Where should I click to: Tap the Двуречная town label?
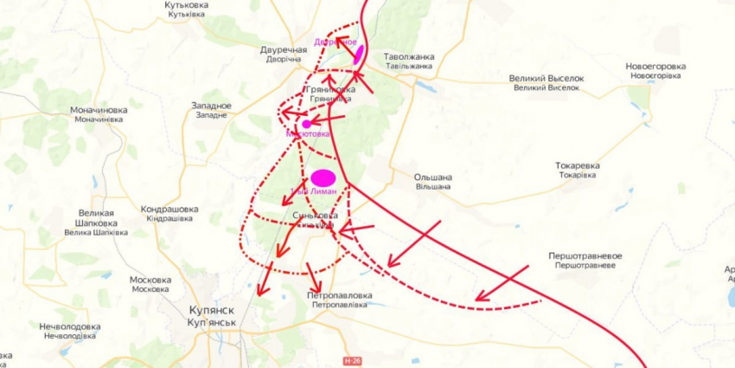click(284, 50)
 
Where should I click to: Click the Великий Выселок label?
click(546, 78)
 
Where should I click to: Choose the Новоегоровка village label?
click(655, 67)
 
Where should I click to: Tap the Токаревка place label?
click(578, 165)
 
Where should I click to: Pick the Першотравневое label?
click(585, 256)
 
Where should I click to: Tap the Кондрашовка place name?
click(169, 210)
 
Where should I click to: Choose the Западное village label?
click(211, 106)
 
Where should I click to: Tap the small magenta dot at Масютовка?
click(306, 124)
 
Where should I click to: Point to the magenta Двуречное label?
click(336, 42)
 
